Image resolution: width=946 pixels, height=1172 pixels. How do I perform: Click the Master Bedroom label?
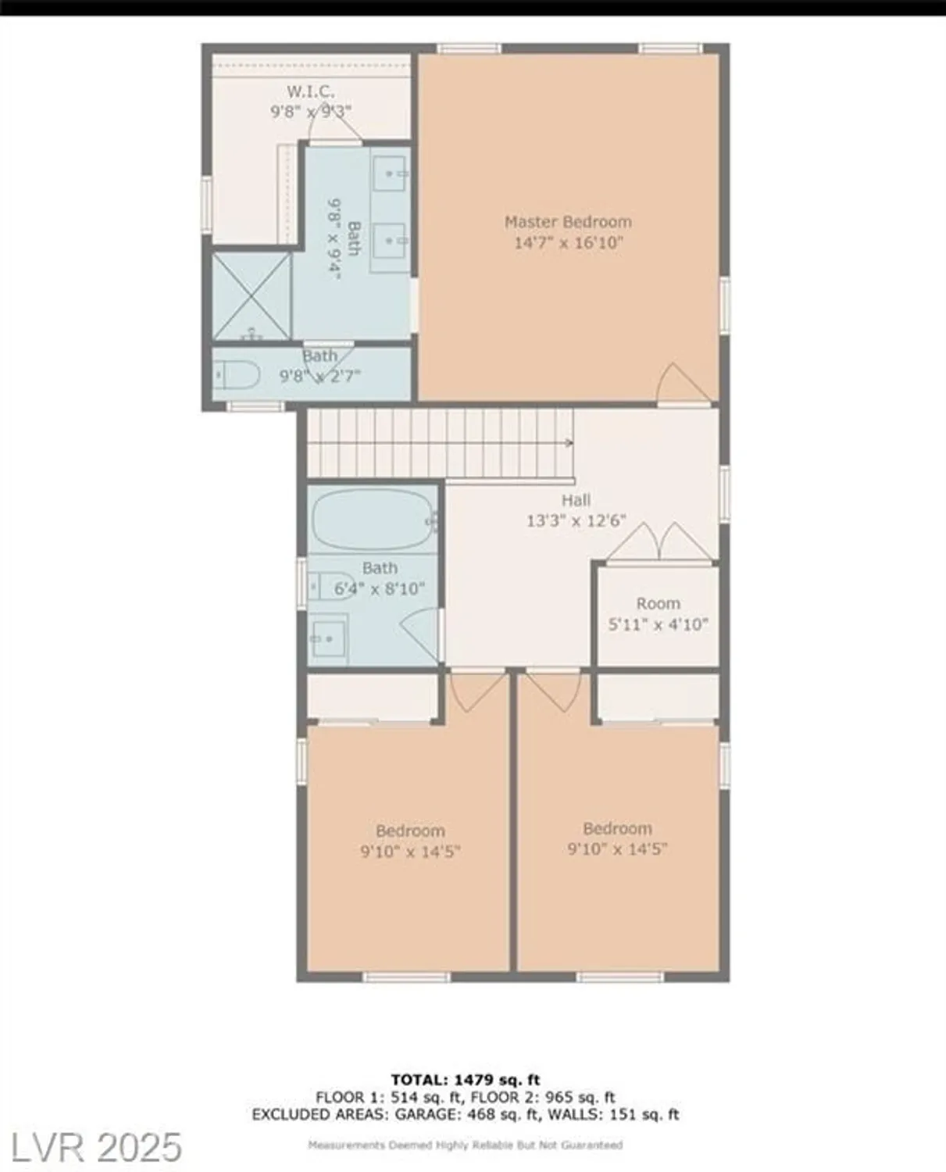tap(568, 222)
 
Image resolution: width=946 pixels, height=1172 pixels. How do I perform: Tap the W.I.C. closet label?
tap(310, 92)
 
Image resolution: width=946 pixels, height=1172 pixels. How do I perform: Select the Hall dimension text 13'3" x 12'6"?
tap(576, 520)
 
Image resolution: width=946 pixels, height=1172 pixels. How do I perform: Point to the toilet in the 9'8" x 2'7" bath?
tap(237, 376)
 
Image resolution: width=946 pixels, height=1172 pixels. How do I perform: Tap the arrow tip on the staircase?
tap(571, 443)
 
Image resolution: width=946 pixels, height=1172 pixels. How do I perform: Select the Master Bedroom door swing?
tap(674, 384)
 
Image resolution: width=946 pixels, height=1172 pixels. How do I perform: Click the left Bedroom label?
tap(410, 831)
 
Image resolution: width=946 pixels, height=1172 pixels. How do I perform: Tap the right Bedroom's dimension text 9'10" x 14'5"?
tap(617, 849)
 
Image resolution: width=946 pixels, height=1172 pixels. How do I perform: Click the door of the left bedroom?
tap(474, 691)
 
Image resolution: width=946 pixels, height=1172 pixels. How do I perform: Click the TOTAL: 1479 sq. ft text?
tap(466, 1081)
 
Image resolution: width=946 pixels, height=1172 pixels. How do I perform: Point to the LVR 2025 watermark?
tap(92, 1147)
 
